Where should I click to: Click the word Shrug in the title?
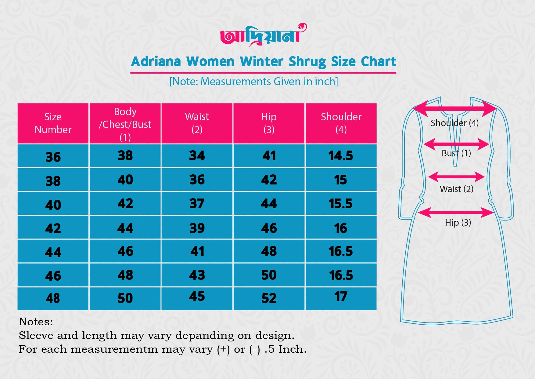point(307,62)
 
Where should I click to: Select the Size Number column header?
point(53,123)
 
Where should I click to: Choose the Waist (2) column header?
point(197,123)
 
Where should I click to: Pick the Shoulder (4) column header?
point(341,123)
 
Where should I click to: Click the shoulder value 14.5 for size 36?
point(341,156)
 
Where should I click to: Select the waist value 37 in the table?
point(197,204)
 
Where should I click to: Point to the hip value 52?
point(269,298)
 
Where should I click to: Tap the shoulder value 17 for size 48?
point(341,297)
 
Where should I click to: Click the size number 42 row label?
point(53,228)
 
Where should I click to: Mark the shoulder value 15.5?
point(340,204)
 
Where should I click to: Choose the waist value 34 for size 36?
point(197,156)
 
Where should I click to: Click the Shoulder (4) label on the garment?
point(454,123)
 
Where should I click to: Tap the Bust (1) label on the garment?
point(456,153)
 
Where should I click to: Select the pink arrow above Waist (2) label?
point(456,177)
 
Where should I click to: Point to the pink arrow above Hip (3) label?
point(456,213)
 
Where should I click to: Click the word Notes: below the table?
point(36,322)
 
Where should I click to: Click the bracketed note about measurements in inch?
point(254,82)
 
